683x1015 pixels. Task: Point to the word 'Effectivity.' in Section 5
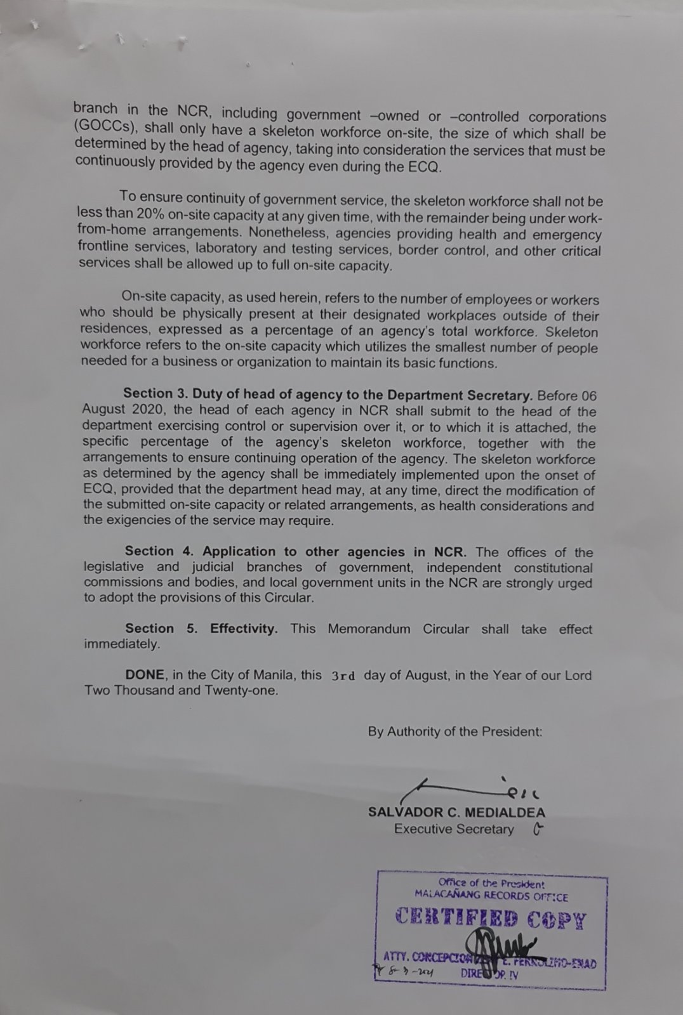tap(244, 629)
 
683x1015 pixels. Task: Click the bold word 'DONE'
tap(145, 675)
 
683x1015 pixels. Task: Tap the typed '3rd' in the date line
tap(343, 676)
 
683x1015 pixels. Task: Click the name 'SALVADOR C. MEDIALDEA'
tap(456, 812)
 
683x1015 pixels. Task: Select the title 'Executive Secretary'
tap(454, 829)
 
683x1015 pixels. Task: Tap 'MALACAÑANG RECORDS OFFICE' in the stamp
tap(491, 897)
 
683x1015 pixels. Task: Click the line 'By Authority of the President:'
tap(455, 731)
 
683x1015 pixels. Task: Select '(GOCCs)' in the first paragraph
tap(105, 126)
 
